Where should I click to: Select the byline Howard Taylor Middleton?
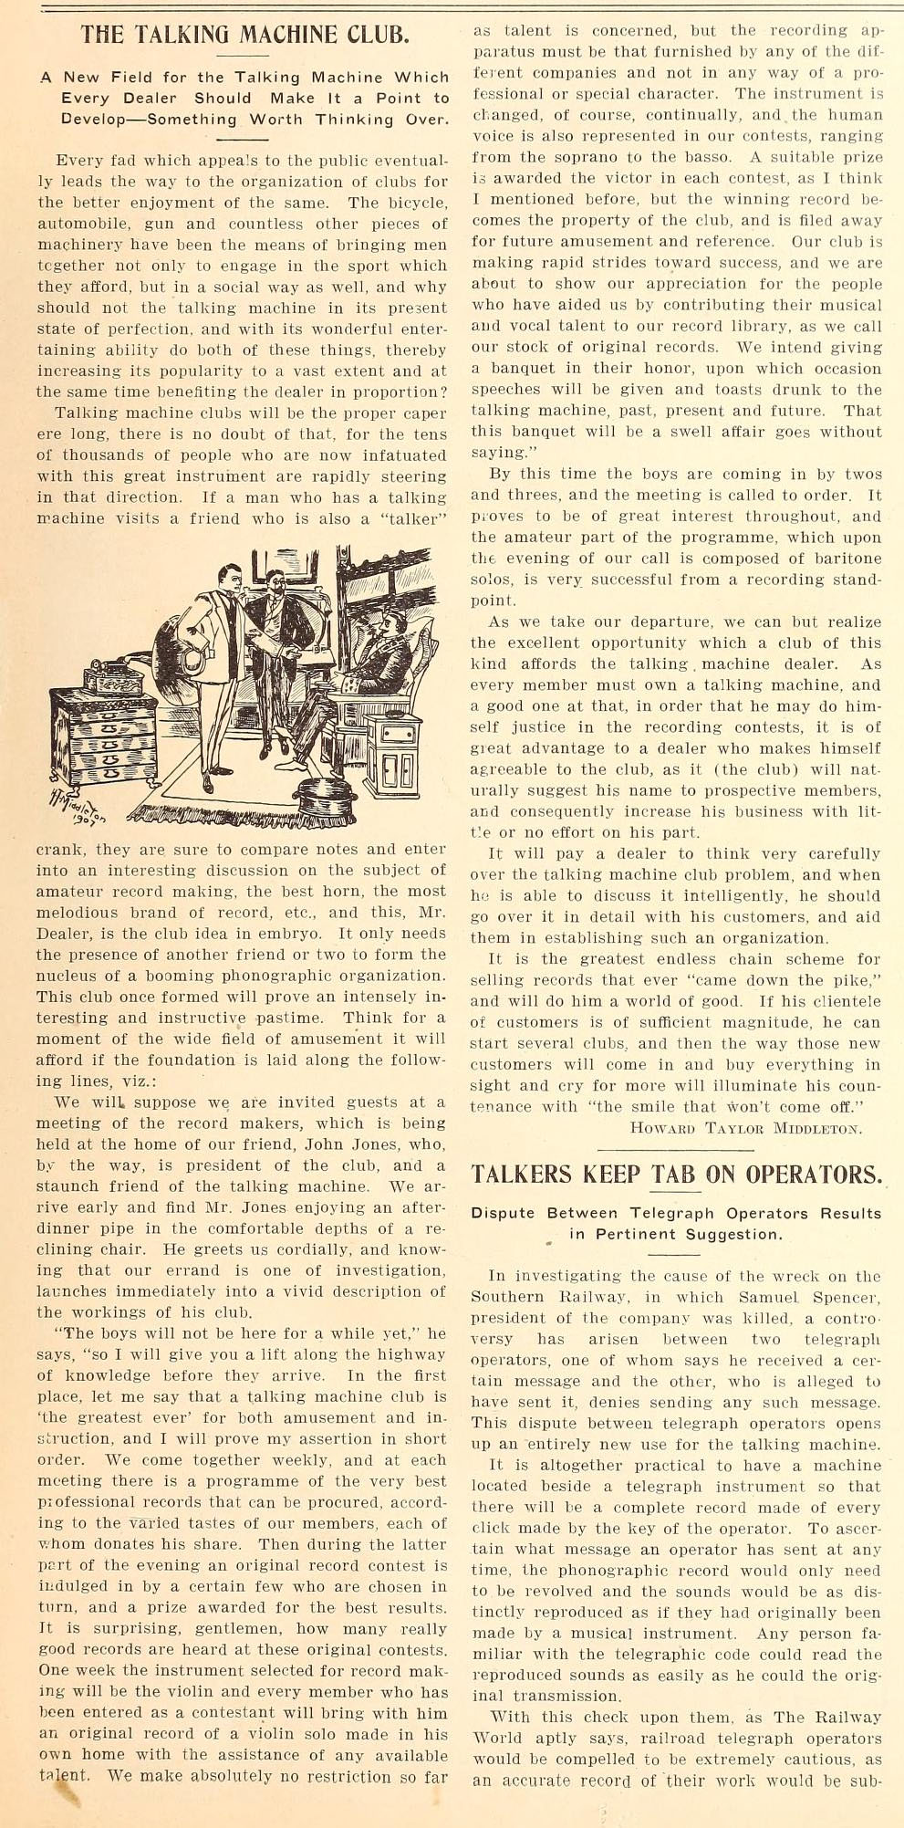(x=745, y=1128)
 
